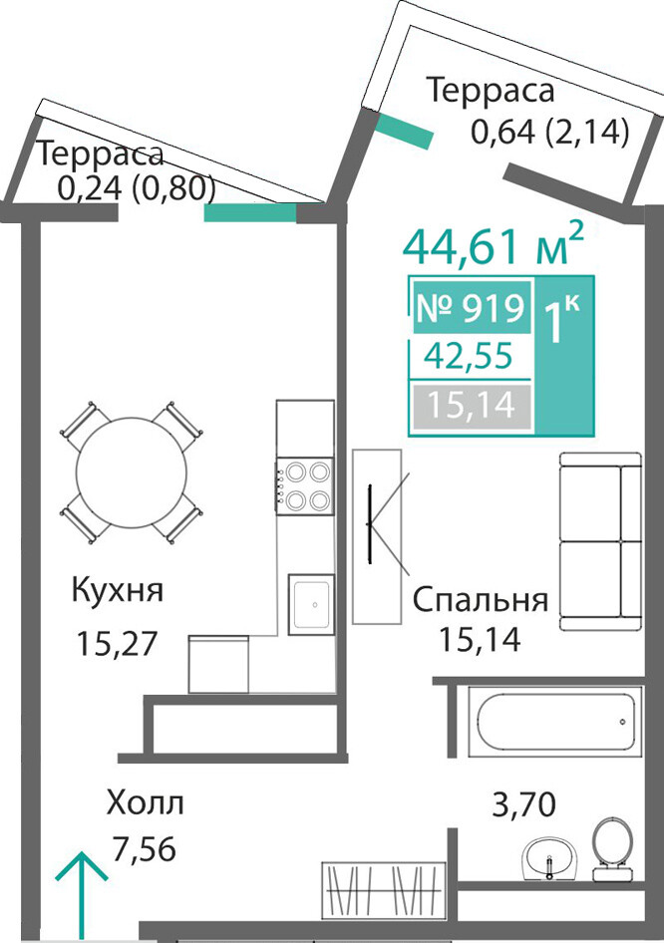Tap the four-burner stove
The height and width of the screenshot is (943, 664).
(305, 485)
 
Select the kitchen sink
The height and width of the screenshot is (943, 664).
(310, 604)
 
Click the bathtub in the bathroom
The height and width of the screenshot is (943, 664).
(555, 721)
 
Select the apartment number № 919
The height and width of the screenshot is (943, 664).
(472, 308)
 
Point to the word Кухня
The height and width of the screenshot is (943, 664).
(118, 590)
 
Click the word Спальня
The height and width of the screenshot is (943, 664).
(481, 600)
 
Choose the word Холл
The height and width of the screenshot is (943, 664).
(145, 802)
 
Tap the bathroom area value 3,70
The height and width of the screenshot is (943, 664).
(523, 804)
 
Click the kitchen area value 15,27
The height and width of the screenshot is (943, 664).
(117, 643)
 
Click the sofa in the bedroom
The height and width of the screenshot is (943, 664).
(601, 541)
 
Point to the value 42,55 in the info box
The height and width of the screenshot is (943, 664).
(469, 355)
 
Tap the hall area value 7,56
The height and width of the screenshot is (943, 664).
(145, 849)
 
